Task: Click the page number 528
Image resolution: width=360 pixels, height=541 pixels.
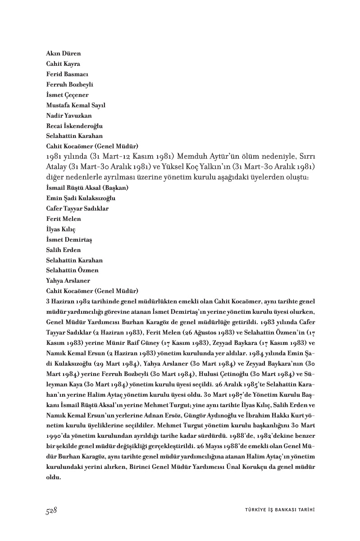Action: (x=51, y=510)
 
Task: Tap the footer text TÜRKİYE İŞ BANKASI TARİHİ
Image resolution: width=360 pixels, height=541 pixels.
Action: (x=276, y=510)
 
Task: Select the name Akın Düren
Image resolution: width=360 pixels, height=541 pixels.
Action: (x=64, y=54)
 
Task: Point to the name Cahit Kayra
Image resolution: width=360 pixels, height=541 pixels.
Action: (x=63, y=64)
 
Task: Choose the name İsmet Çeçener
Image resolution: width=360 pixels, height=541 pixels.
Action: (x=67, y=95)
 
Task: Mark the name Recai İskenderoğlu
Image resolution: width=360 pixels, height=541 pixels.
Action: (x=74, y=126)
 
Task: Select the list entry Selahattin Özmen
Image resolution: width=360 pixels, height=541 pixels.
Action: (x=72, y=270)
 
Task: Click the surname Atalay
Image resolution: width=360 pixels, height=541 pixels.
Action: (x=57, y=167)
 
